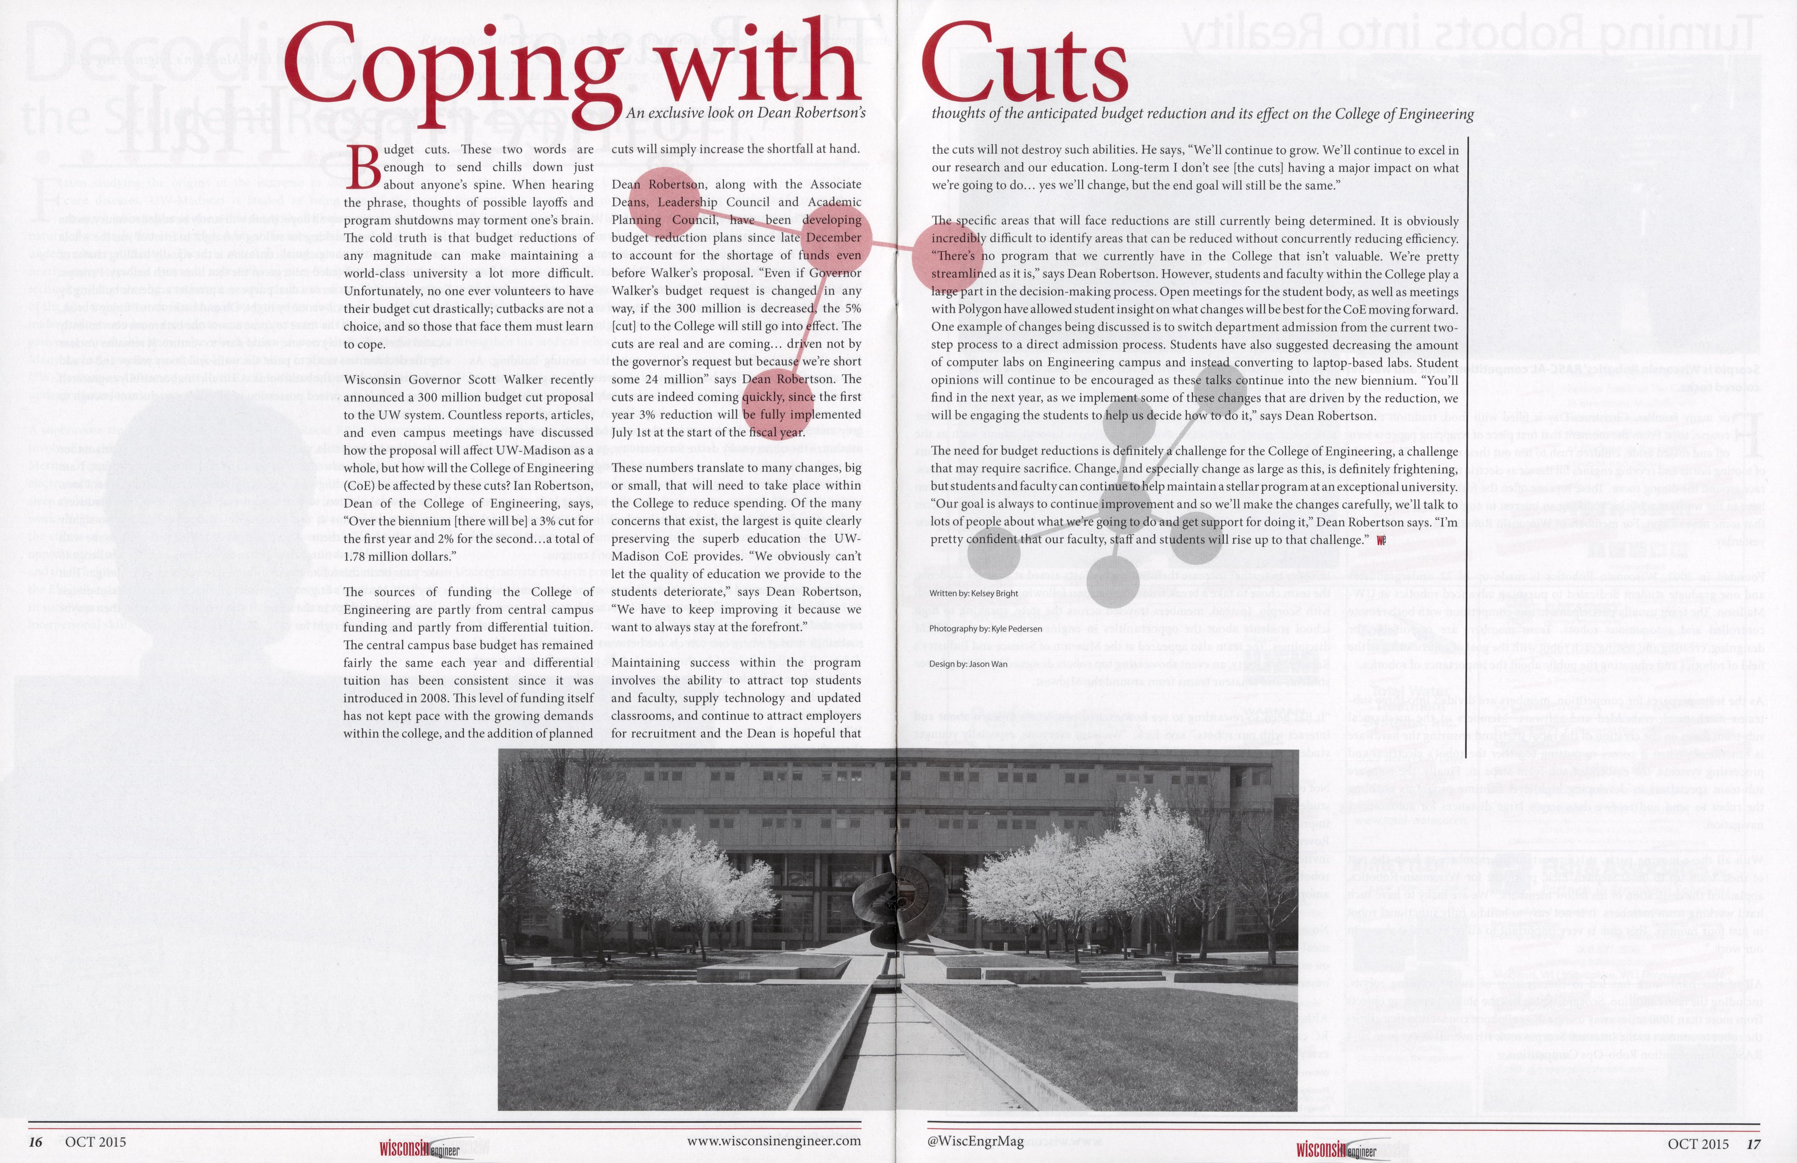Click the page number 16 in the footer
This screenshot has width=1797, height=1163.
point(35,1142)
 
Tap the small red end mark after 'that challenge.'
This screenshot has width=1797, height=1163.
point(1381,540)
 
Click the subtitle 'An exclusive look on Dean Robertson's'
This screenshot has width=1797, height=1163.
point(745,113)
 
